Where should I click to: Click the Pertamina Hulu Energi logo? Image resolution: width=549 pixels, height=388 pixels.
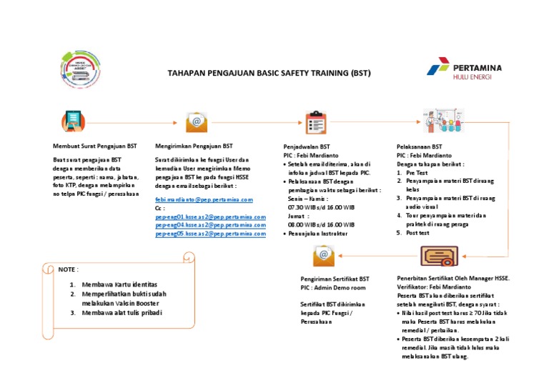[x=465, y=72]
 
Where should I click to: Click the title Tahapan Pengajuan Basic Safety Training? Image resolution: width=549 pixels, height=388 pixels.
[x=269, y=73]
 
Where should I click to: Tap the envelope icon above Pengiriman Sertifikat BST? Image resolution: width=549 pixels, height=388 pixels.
[x=323, y=254]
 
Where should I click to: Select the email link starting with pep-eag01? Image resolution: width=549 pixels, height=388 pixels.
[x=210, y=217]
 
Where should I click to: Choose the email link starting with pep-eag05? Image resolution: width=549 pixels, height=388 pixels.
[x=210, y=234]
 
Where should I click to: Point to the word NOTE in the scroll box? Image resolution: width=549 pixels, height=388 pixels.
[x=68, y=270]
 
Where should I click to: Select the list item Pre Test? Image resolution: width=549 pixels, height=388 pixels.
[x=417, y=173]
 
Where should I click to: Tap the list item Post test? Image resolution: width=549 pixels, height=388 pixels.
[x=418, y=233]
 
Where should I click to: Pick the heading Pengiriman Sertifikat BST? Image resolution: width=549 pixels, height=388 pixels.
[x=335, y=279]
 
